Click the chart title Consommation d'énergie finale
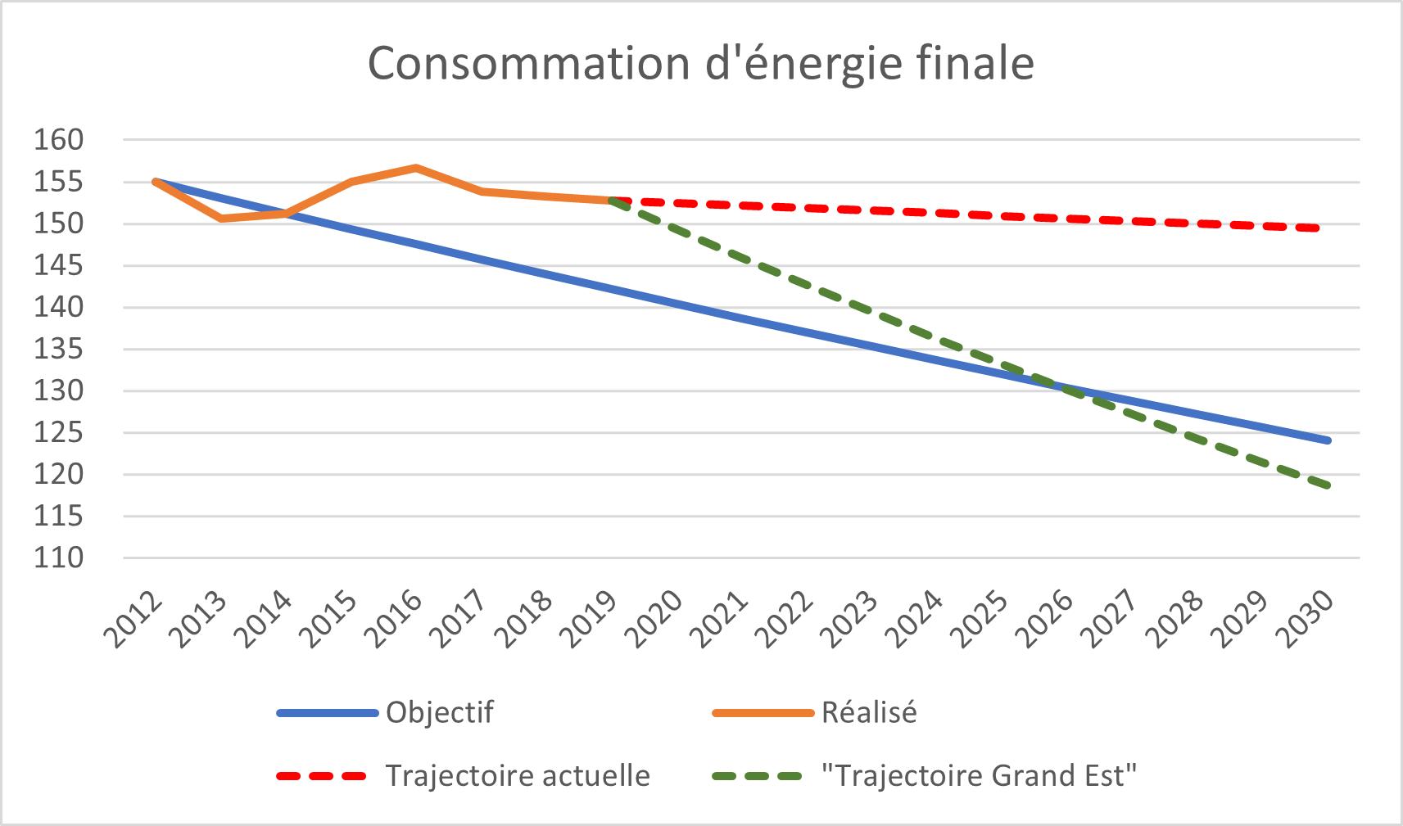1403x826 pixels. tap(700, 63)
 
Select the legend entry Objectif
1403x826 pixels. tap(439, 712)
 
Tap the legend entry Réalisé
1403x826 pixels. tap(869, 712)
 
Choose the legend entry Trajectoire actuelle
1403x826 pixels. tap(518, 775)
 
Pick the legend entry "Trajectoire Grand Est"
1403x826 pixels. tap(980, 775)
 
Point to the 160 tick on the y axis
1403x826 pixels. tap(59, 140)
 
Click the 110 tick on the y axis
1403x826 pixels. tap(59, 558)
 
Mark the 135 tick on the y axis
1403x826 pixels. tap(59, 350)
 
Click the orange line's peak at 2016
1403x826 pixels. tap(416, 168)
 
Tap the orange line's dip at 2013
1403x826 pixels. tap(221, 219)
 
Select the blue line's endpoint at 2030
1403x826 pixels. tap(1328, 440)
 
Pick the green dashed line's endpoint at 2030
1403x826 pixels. tap(1328, 486)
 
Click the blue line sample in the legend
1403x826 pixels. tap(328, 713)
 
